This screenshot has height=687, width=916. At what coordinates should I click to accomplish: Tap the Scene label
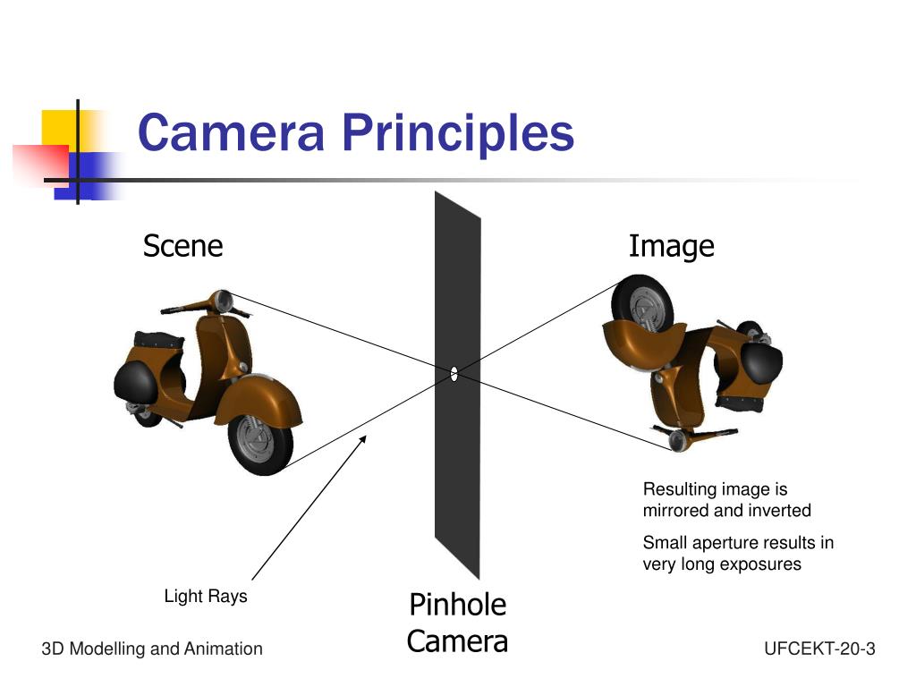(x=182, y=246)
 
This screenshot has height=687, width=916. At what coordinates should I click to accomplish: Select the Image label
(x=671, y=246)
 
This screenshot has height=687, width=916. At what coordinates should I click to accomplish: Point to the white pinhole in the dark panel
(x=454, y=374)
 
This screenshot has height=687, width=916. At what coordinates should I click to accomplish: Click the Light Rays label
(x=206, y=596)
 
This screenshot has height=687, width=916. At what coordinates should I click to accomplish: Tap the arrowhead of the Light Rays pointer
(x=363, y=437)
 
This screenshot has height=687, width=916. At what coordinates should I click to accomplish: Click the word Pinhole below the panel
(x=457, y=605)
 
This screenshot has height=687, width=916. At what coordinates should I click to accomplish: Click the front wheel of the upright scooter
(x=260, y=440)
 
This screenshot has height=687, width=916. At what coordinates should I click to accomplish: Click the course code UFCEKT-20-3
(x=819, y=649)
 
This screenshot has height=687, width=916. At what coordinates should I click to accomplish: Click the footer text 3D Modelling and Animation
(x=152, y=649)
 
